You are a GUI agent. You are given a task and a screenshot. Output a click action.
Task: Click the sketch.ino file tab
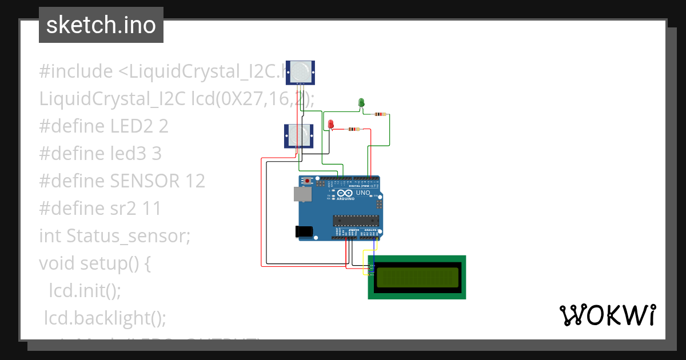(101, 25)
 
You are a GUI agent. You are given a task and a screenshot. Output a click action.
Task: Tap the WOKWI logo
(607, 315)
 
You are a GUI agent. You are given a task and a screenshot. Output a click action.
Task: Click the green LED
(361, 103)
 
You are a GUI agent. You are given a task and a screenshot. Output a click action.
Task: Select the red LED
(330, 123)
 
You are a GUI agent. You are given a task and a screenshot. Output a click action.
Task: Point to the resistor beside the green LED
(379, 114)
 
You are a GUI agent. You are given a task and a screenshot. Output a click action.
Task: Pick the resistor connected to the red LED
(354, 129)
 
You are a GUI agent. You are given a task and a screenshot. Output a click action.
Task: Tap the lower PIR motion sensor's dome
(298, 135)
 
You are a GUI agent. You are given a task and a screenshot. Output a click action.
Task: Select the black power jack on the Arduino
(303, 231)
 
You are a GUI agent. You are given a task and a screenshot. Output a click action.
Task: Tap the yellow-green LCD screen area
(416, 277)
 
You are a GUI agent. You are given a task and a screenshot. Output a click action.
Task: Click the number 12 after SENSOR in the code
(196, 181)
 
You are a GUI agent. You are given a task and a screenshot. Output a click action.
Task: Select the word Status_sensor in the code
(128, 235)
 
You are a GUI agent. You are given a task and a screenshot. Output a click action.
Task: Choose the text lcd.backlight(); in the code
(106, 318)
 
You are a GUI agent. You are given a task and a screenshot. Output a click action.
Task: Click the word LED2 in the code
(131, 126)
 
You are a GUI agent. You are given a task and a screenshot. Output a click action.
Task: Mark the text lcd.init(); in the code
(85, 290)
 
